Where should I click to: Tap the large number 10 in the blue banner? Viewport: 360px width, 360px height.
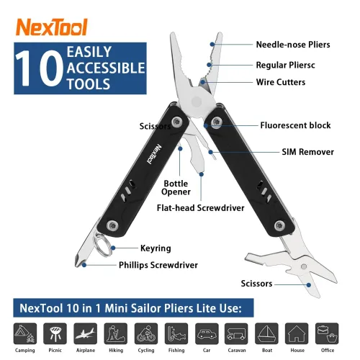[x=32, y=68]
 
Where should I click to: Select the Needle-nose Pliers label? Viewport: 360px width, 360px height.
[x=293, y=45]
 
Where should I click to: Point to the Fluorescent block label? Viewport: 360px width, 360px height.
[x=295, y=125]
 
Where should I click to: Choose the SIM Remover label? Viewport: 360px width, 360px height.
[x=297, y=152]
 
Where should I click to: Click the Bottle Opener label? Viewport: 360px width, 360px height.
[x=176, y=187]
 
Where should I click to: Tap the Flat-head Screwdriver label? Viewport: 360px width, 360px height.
[x=201, y=208]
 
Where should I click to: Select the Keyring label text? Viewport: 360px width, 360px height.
[x=156, y=248]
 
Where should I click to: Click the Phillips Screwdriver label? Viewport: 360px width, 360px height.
[x=158, y=265]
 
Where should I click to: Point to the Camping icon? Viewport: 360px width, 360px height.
[x=24, y=333]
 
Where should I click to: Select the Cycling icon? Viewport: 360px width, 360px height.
[x=145, y=333]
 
